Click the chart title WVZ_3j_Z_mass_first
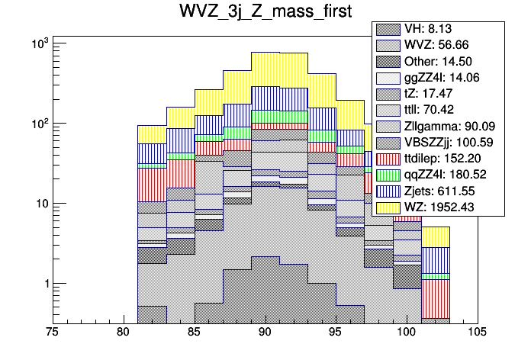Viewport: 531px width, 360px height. (x=265, y=13)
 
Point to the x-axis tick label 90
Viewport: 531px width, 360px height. (x=265, y=333)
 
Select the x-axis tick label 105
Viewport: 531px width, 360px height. (x=477, y=333)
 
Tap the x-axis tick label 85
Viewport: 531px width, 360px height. (x=194, y=333)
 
